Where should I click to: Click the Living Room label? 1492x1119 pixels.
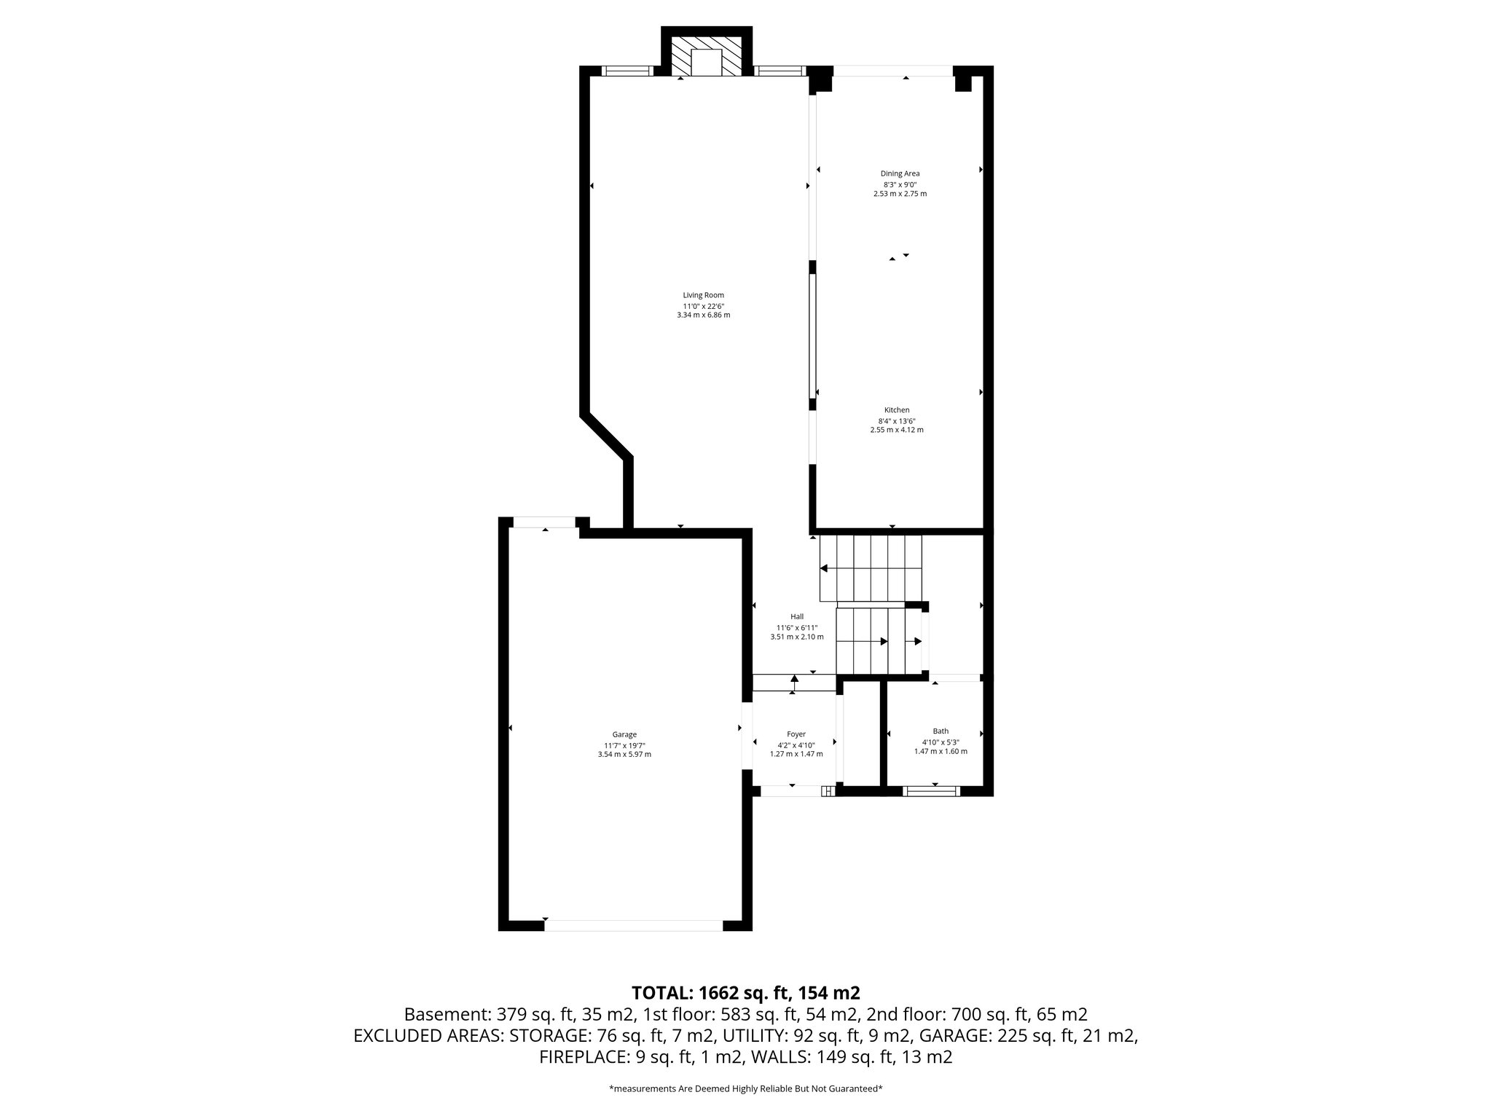coord(703,295)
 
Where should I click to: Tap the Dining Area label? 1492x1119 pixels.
coord(900,173)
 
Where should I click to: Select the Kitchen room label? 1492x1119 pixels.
coord(897,410)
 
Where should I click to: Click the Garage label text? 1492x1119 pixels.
coord(624,734)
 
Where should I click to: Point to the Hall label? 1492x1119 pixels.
coord(797,616)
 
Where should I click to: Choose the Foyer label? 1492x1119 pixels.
coord(796,734)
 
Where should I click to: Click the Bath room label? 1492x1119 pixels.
coord(941,731)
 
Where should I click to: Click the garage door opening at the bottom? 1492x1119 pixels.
coord(634,926)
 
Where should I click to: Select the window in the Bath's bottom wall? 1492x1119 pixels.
coord(932,791)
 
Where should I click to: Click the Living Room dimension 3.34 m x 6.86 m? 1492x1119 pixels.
coord(703,315)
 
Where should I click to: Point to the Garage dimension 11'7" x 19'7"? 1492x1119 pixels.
coord(624,745)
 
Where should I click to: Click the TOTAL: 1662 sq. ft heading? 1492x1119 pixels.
coord(745,993)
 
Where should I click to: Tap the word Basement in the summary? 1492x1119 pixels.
coord(447,1014)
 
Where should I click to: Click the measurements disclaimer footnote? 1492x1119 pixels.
coord(745,1089)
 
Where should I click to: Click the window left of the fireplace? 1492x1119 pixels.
coord(627,71)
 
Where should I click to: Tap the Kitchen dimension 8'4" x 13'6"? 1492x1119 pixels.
coord(897,421)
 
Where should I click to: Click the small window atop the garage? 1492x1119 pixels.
coord(544,522)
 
